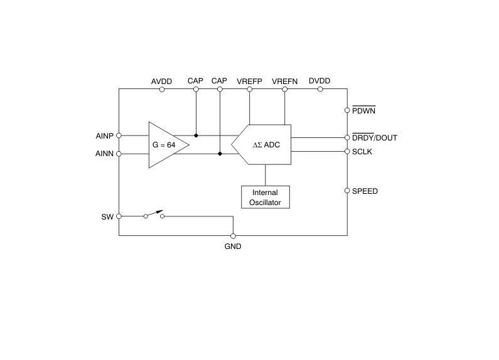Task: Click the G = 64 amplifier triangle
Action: click(x=164, y=145)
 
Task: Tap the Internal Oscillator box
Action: click(x=266, y=197)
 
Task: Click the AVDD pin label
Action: click(x=162, y=82)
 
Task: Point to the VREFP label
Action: click(x=249, y=82)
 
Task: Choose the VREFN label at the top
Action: click(x=284, y=82)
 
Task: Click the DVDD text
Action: click(x=319, y=82)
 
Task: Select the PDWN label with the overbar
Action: click(x=365, y=110)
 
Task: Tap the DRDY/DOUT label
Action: click(x=375, y=138)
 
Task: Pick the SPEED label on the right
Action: click(x=365, y=191)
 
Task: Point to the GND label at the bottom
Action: click(x=233, y=246)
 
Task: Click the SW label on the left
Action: click(x=107, y=216)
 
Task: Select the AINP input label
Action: click(x=104, y=135)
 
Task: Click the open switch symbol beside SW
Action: click(x=154, y=214)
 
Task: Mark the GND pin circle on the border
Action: click(x=233, y=236)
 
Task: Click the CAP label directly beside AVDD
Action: click(x=195, y=82)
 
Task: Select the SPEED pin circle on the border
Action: click(x=347, y=191)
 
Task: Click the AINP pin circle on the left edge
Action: click(x=119, y=135)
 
